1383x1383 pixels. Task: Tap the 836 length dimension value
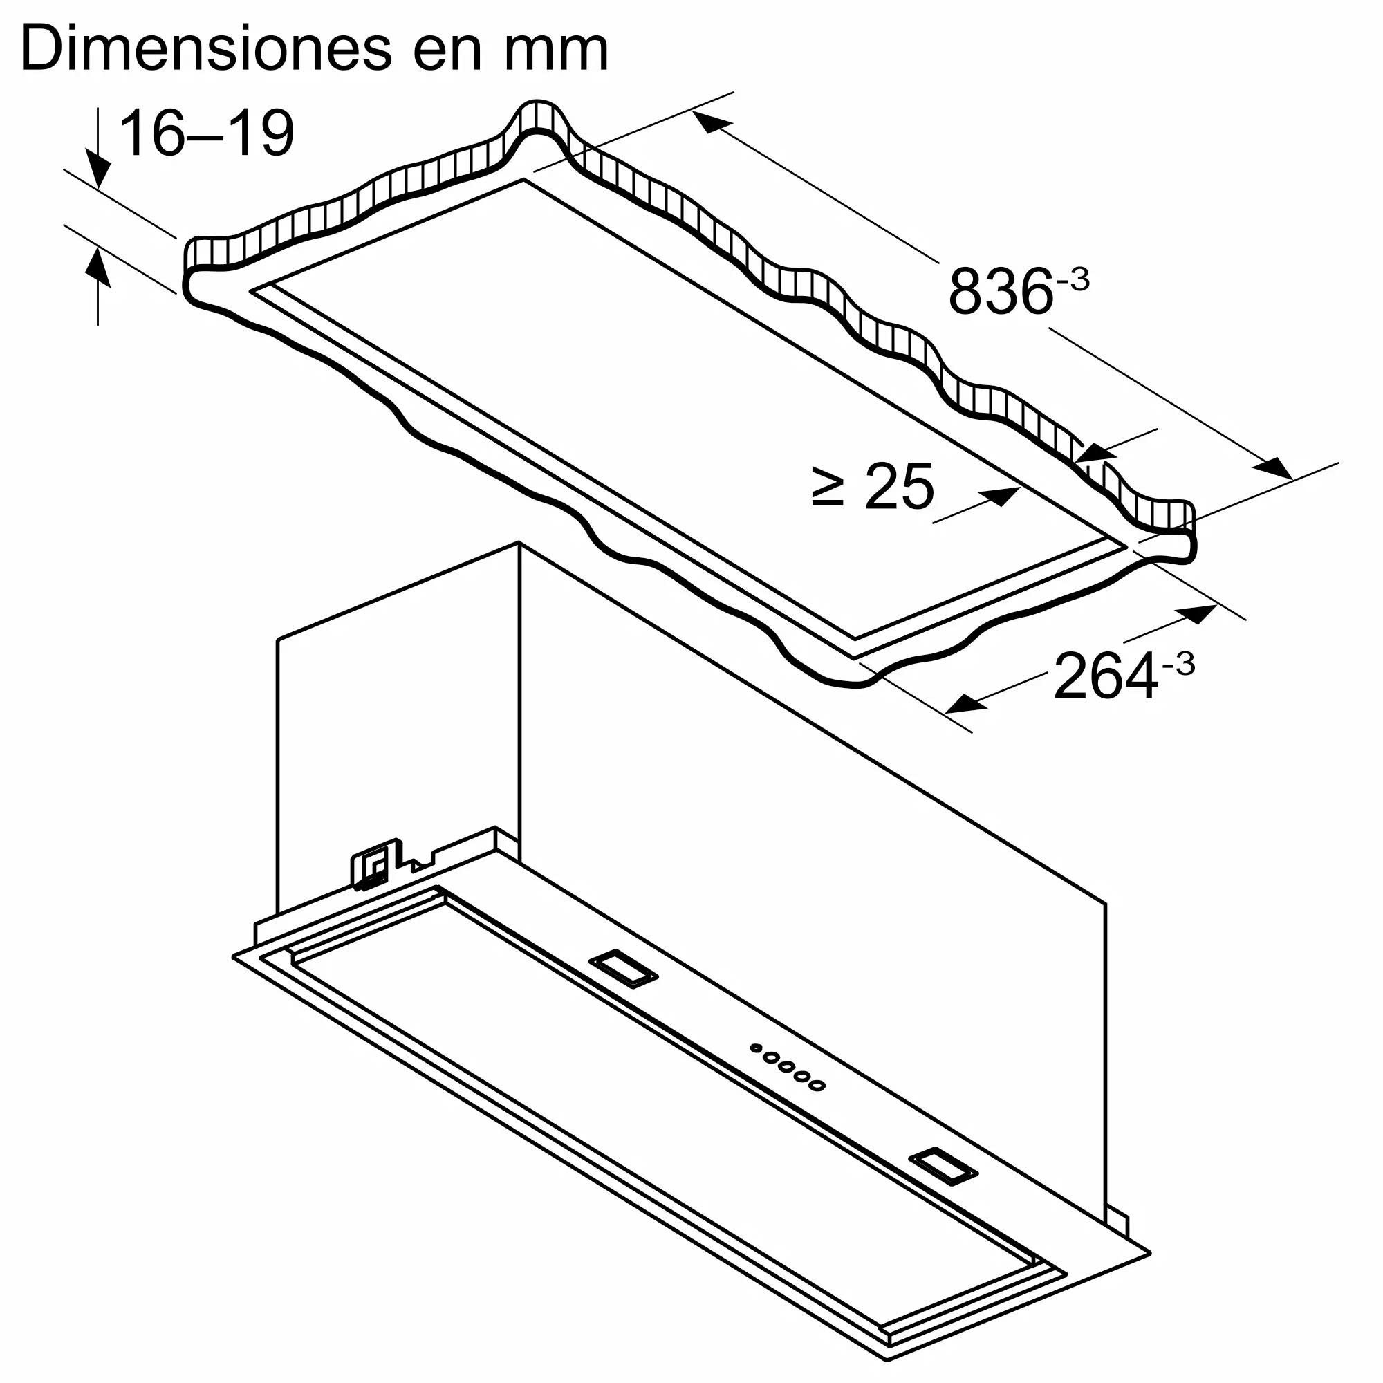(x=1000, y=291)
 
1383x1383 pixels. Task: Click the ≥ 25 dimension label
(x=873, y=486)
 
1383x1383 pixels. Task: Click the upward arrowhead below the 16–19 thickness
(x=98, y=266)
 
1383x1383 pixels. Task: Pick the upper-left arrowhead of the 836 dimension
(x=710, y=122)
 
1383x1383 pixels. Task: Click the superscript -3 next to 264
(x=1178, y=665)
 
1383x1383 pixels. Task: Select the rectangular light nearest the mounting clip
(x=622, y=970)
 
